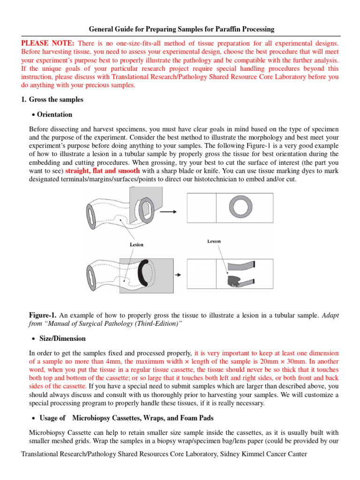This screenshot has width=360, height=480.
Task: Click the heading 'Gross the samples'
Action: pos(56,99)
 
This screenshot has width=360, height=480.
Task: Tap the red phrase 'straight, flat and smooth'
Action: pos(103,171)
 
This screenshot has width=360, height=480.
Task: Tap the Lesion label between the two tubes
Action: pos(136,244)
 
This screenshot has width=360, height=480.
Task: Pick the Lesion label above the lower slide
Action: pos(214,241)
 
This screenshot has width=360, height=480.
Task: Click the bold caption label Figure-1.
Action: pos(43,315)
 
